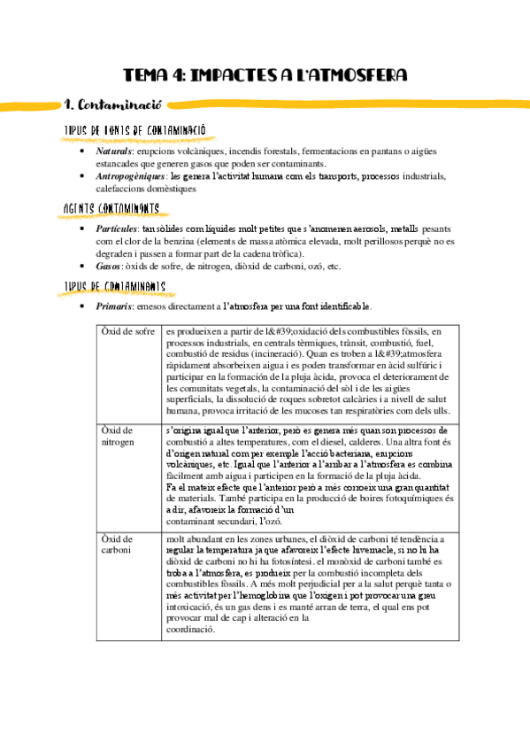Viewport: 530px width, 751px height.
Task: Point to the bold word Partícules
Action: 119,228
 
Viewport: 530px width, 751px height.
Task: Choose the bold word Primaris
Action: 117,306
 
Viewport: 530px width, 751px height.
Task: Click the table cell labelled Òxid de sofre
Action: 127,332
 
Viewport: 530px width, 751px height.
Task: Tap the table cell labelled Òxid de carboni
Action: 119,544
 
